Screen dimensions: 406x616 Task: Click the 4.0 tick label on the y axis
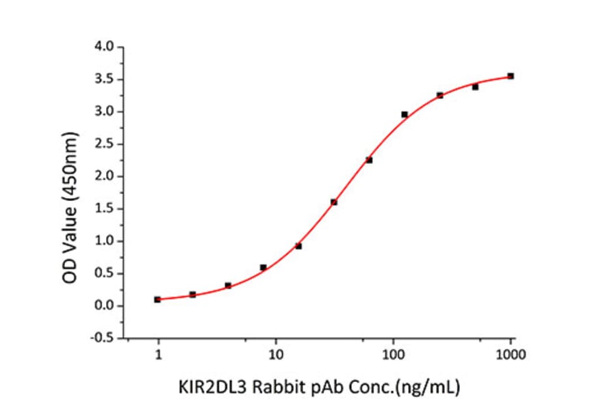(x=105, y=47)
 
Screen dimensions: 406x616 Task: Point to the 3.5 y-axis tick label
(x=105, y=79)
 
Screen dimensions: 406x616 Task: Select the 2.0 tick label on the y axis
(x=105, y=176)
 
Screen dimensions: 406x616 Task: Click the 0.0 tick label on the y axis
(x=105, y=306)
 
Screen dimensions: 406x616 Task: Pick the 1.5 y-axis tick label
(x=105, y=209)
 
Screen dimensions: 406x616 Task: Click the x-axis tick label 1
(x=158, y=355)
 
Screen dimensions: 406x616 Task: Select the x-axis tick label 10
(x=275, y=355)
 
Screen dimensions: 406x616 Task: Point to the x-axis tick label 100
(x=393, y=355)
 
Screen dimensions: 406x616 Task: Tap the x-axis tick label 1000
(x=510, y=355)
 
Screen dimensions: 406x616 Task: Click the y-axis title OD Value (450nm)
(x=71, y=193)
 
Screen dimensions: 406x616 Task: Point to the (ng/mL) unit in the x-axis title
(x=430, y=388)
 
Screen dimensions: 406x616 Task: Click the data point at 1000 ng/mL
(x=511, y=76)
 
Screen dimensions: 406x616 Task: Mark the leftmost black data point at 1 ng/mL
(x=157, y=299)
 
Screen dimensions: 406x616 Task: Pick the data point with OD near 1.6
(x=333, y=202)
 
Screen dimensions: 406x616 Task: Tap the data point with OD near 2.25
(x=369, y=160)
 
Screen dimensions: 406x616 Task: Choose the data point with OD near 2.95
(x=405, y=114)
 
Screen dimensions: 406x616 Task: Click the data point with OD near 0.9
(x=298, y=246)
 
